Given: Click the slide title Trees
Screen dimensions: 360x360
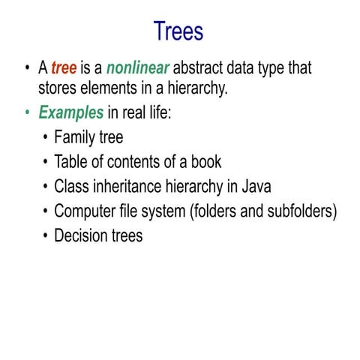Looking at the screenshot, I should (x=178, y=31).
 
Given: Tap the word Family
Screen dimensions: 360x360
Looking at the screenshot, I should (x=75, y=138).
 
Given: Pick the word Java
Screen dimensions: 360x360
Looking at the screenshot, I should (x=254, y=187).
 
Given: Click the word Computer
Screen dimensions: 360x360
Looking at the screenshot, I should (x=85, y=211).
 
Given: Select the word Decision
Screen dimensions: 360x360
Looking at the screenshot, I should (x=81, y=235).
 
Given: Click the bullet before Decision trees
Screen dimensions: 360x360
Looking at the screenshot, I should (x=46, y=235).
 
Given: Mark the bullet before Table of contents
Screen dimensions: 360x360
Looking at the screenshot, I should (x=46, y=162).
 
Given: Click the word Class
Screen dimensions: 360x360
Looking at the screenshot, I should (x=71, y=187).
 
